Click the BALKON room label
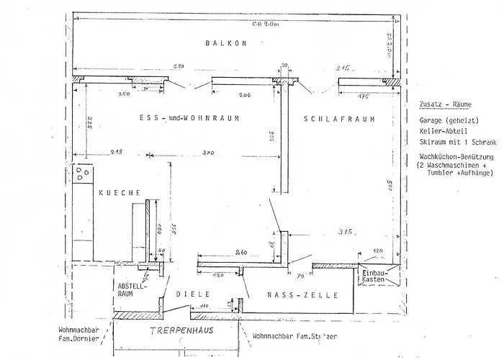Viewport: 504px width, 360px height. point(226,43)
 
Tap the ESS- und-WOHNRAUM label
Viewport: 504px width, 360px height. point(189,117)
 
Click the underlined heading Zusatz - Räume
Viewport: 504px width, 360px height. point(441,104)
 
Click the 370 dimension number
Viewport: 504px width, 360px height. point(210,154)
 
